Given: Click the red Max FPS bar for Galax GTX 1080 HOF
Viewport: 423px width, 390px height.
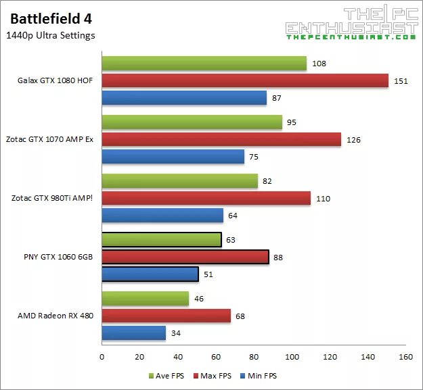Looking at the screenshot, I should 245,81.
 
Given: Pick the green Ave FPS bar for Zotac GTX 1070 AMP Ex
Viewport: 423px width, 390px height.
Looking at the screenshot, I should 192,122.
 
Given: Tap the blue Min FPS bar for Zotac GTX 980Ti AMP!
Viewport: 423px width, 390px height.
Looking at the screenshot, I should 162,216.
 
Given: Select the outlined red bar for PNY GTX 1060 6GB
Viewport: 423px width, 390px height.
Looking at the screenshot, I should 185,257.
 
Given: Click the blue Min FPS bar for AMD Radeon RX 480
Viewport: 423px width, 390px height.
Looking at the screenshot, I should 134,333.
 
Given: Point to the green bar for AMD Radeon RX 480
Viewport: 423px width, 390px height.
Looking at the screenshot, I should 146,299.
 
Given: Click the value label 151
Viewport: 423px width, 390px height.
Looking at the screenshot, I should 401,81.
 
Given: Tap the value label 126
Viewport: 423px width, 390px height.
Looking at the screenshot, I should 353,140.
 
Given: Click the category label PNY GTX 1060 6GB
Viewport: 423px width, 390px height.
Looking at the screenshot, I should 58,257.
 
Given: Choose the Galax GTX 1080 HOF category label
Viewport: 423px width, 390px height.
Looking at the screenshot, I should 55,81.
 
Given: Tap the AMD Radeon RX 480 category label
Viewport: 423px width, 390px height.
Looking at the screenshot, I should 56,316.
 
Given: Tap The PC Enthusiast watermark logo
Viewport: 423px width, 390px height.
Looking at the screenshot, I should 350,24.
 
